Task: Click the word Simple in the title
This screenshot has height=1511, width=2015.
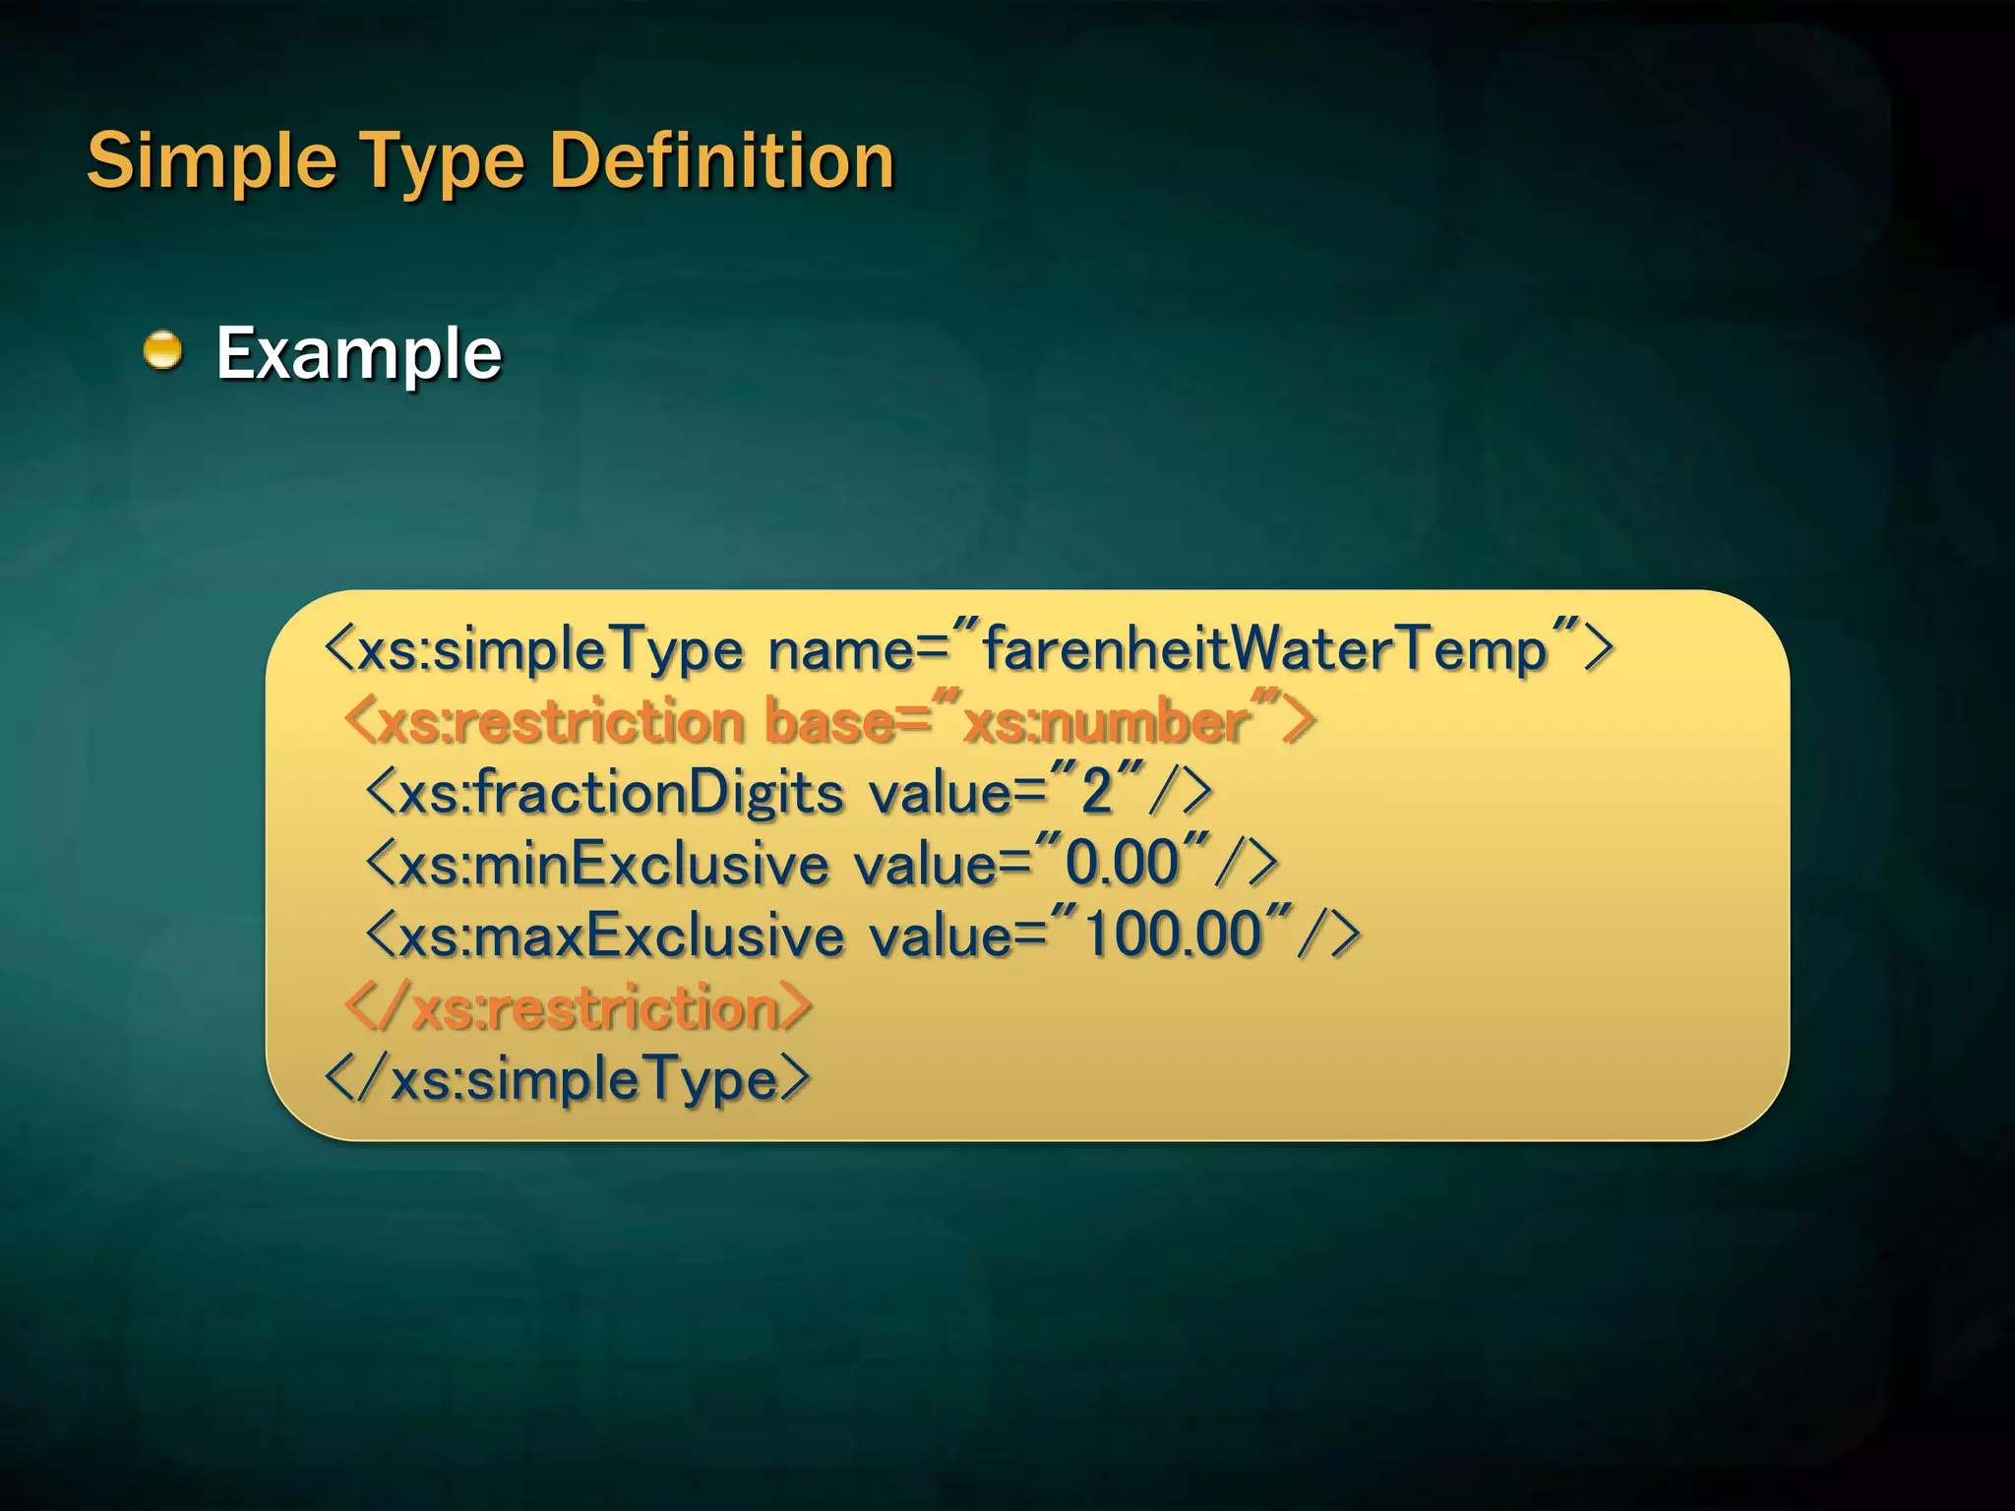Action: [x=212, y=161]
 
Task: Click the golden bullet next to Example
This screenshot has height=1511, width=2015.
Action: [x=163, y=351]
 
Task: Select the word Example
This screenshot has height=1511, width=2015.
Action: [x=358, y=353]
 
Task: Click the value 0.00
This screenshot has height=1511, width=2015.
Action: [x=1122, y=863]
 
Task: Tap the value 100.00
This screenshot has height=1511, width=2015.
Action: [x=1171, y=934]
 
